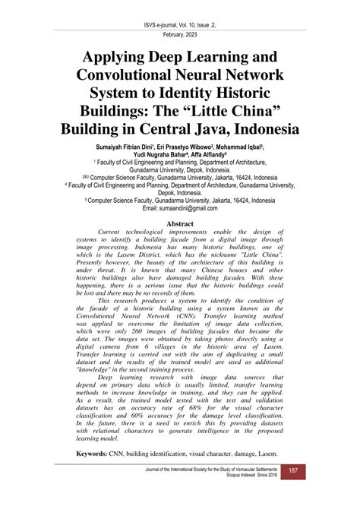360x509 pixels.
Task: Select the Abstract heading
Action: pyautogui.click(x=180, y=226)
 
